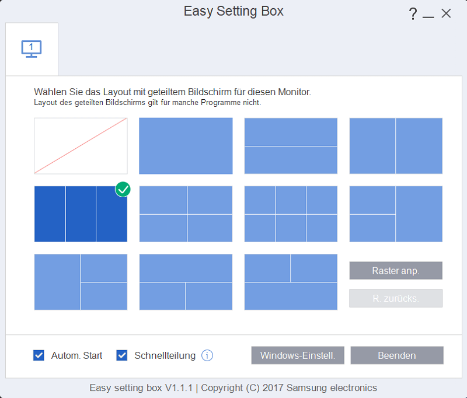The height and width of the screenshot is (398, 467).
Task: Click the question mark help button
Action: coord(413,13)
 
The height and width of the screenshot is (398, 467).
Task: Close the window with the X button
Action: coord(446,13)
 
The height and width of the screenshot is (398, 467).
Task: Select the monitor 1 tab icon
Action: coord(32,49)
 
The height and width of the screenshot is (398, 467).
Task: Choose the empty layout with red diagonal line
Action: coord(81,146)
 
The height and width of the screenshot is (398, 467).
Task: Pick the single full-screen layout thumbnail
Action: coord(186,146)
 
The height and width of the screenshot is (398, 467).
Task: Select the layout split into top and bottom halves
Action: coord(291,146)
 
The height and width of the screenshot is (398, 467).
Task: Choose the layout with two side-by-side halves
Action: coord(396,146)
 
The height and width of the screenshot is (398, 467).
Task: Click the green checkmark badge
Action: coord(123,189)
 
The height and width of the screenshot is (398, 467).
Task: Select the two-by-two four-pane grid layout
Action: coord(186,214)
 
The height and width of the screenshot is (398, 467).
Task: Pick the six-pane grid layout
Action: coord(291,214)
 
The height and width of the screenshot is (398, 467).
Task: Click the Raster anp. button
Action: coord(396,271)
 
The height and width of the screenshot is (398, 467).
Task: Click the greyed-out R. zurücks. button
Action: coord(396,298)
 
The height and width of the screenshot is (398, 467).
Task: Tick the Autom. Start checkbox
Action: coord(39,355)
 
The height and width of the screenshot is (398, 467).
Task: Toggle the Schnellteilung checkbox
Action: coord(122,355)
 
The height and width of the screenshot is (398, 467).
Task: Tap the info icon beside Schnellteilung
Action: coord(207,355)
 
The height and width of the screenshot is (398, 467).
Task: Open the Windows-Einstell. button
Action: coord(298,355)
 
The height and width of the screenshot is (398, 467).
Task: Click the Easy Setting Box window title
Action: coord(233,12)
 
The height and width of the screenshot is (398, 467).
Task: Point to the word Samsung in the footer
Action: coord(307,388)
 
